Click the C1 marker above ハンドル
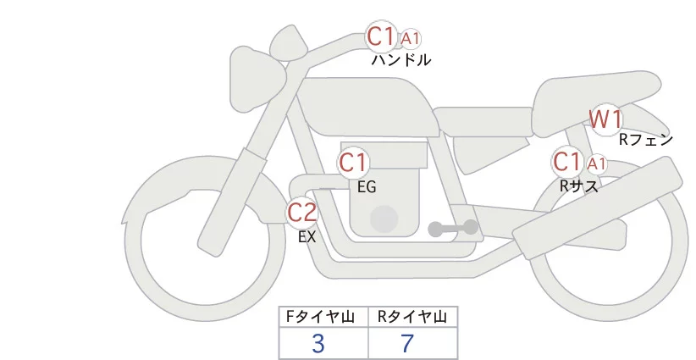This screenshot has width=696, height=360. click(380, 36)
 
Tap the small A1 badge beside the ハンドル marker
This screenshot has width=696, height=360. click(411, 38)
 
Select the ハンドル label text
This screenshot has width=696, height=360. click(400, 60)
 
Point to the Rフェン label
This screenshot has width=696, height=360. click(645, 141)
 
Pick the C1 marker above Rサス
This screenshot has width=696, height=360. click(566, 161)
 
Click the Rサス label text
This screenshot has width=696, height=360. click(579, 186)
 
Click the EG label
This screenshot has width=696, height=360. click(367, 187)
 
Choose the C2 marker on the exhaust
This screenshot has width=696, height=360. click(302, 212)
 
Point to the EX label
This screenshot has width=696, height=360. click(307, 237)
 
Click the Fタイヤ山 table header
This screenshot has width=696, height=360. click(324, 317)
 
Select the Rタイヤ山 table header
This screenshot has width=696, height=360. click(412, 317)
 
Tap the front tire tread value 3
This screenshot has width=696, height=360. click(318, 343)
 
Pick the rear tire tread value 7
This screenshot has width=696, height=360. click(407, 343)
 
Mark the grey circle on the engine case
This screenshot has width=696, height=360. click(385, 219)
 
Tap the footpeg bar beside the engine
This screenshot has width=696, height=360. click(453, 228)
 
